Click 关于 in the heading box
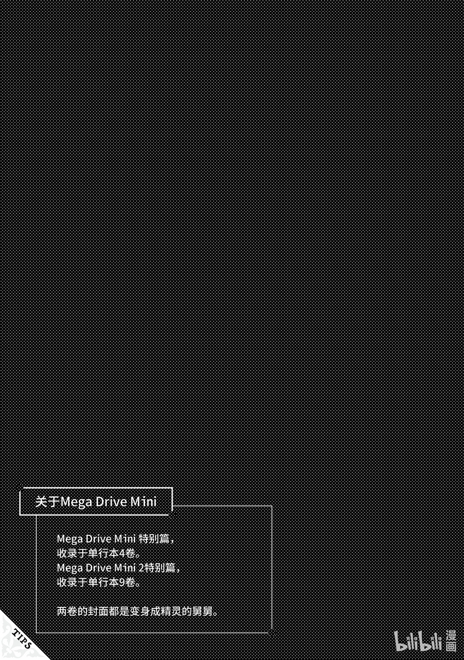pyautogui.click(x=46, y=502)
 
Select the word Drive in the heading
pyautogui.click(x=111, y=502)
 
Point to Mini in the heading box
pyautogui.click(x=143, y=502)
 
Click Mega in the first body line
pyautogui.click(x=70, y=539)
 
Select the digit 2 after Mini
pyautogui.click(x=142, y=568)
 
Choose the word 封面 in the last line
pyautogui.click(x=98, y=611)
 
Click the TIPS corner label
pyautogui.click(x=21, y=638)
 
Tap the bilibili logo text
pyautogui.click(x=418, y=641)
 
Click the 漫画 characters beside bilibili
pyautogui.click(x=450, y=641)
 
